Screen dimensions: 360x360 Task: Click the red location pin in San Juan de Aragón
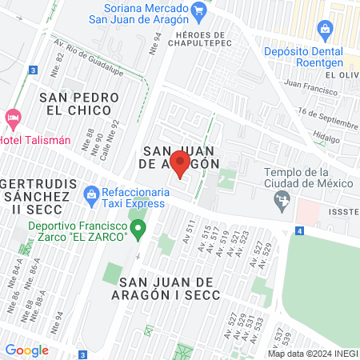coord(180,164)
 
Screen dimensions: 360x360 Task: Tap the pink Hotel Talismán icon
coord(13,119)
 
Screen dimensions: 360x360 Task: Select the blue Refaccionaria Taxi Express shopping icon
coord(92,193)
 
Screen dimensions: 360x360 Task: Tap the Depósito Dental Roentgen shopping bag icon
coord(325,31)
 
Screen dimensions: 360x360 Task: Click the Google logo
coord(26,350)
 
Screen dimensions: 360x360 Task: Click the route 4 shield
coord(298,230)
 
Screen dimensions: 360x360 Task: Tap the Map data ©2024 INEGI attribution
coord(313,354)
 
